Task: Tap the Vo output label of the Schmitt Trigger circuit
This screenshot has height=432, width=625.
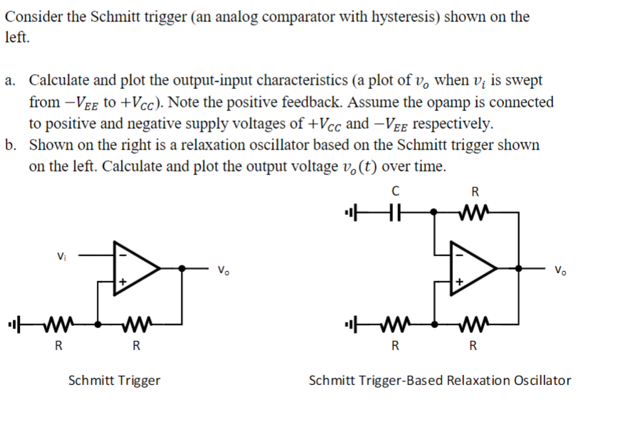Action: pos(224,270)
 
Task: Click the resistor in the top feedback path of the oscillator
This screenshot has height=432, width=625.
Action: pos(474,211)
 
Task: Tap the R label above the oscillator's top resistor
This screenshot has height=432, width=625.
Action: pos(476,191)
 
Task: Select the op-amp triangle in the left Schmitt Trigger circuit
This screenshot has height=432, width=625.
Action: pos(141,268)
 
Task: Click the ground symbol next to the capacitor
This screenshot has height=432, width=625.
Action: pos(350,211)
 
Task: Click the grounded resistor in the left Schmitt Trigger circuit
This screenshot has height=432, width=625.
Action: pos(58,327)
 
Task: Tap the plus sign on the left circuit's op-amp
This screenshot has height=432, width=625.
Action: pos(122,282)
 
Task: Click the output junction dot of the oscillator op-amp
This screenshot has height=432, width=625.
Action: pos(522,268)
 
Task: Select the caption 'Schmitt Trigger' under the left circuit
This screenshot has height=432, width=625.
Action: pos(114,381)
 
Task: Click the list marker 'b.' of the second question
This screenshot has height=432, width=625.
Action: pos(11,146)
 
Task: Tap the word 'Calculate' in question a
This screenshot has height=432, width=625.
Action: pos(61,80)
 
